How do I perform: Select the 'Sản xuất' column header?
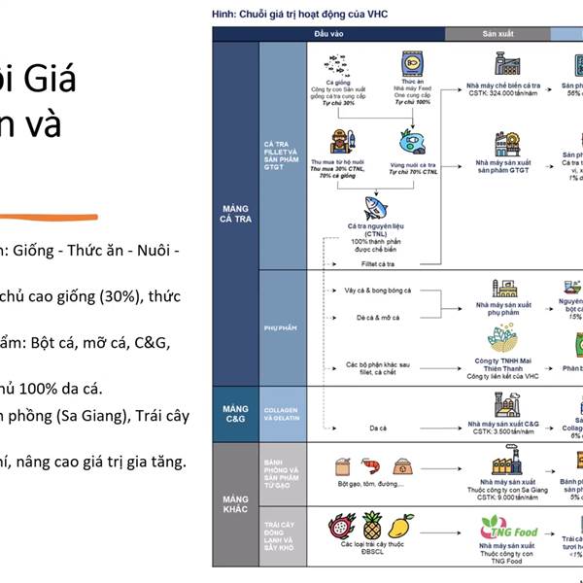tap(498, 34)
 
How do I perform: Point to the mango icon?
tap(400, 528)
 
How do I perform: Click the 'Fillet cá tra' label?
tap(379, 263)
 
